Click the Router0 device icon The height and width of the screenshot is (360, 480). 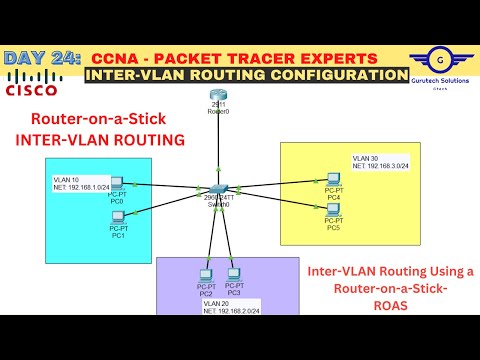[219, 97]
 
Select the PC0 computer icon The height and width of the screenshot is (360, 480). [117, 184]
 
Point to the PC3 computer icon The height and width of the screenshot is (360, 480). [234, 273]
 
